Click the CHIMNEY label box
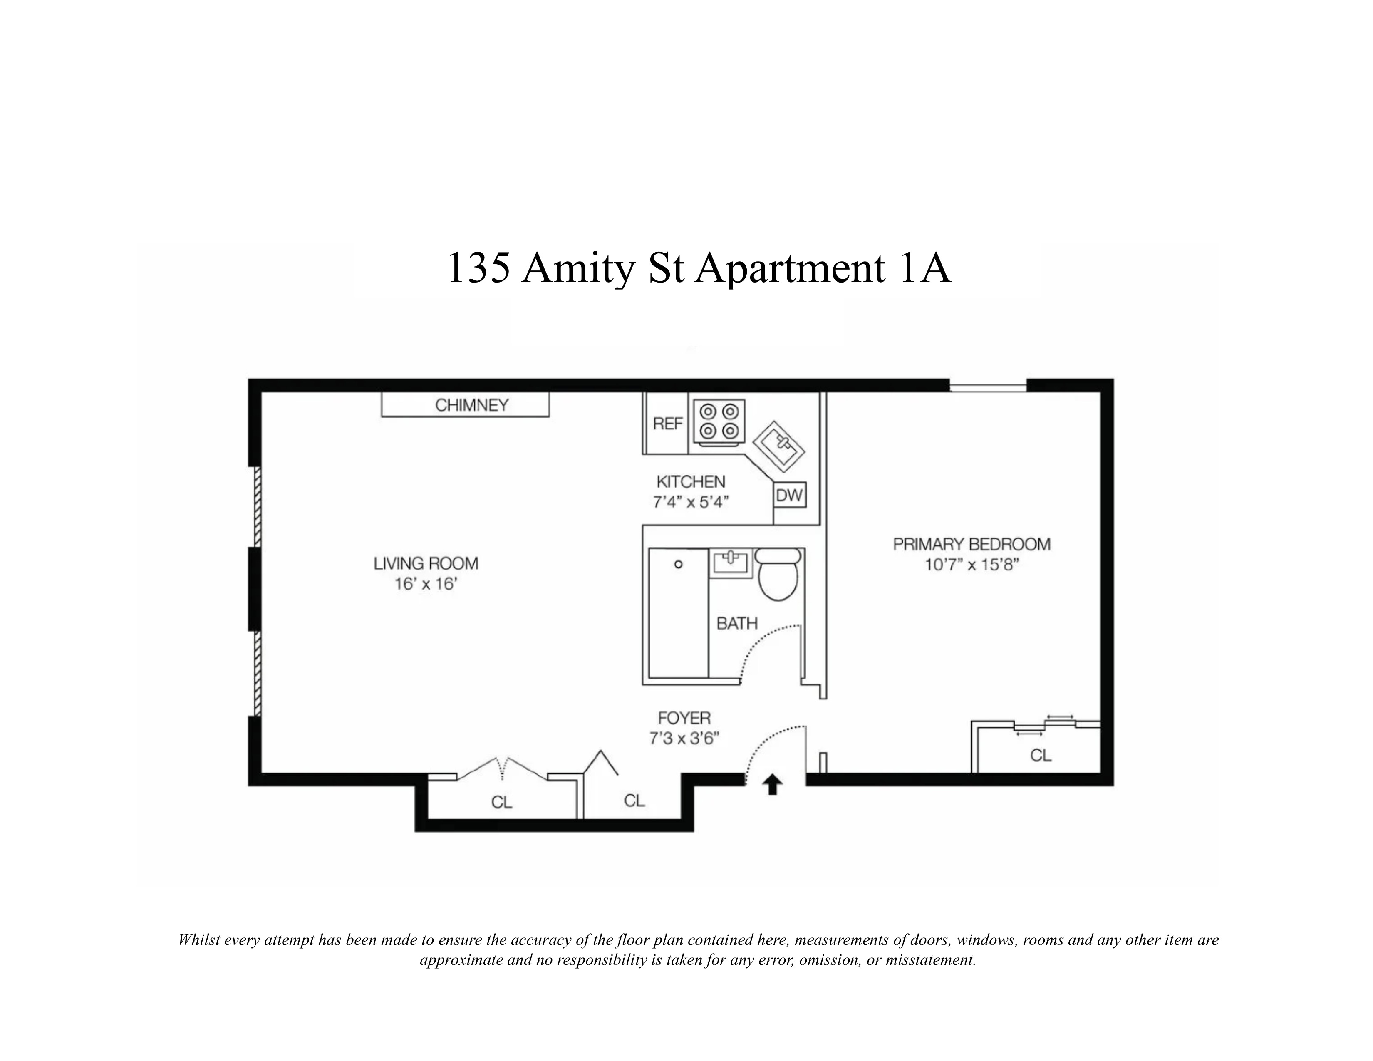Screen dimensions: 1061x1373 click(465, 405)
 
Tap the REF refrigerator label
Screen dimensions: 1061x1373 click(667, 424)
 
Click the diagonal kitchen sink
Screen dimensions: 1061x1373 click(779, 447)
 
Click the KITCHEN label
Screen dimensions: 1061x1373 click(690, 482)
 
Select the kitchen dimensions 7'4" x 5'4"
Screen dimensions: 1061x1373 click(690, 502)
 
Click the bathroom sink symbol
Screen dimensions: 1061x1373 click(731, 563)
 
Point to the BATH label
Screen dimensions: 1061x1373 click(737, 624)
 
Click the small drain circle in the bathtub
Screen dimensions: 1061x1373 click(678, 565)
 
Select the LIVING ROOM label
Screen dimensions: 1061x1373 click(426, 563)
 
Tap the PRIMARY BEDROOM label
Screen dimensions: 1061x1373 click(971, 544)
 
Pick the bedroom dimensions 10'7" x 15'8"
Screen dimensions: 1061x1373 click(971, 565)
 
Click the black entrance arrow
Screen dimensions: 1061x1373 click(772, 784)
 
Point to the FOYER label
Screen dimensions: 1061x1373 click(684, 718)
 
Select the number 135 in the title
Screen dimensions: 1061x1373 click(478, 268)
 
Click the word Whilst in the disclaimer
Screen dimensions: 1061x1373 click(200, 940)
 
